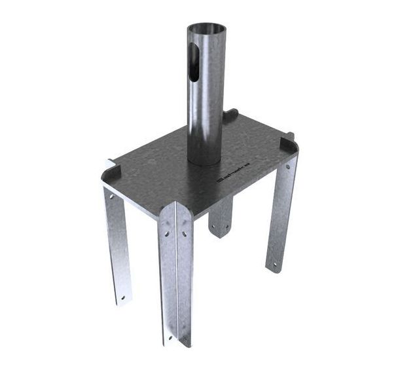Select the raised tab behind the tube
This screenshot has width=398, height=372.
[230, 116]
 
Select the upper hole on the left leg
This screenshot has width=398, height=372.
[111, 196]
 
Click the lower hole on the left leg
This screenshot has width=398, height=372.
[122, 299]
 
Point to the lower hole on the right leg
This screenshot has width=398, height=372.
[274, 264]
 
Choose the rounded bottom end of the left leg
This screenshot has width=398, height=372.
[123, 304]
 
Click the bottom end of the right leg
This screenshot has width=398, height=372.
[274, 269]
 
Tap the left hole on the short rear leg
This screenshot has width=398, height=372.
[214, 227]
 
